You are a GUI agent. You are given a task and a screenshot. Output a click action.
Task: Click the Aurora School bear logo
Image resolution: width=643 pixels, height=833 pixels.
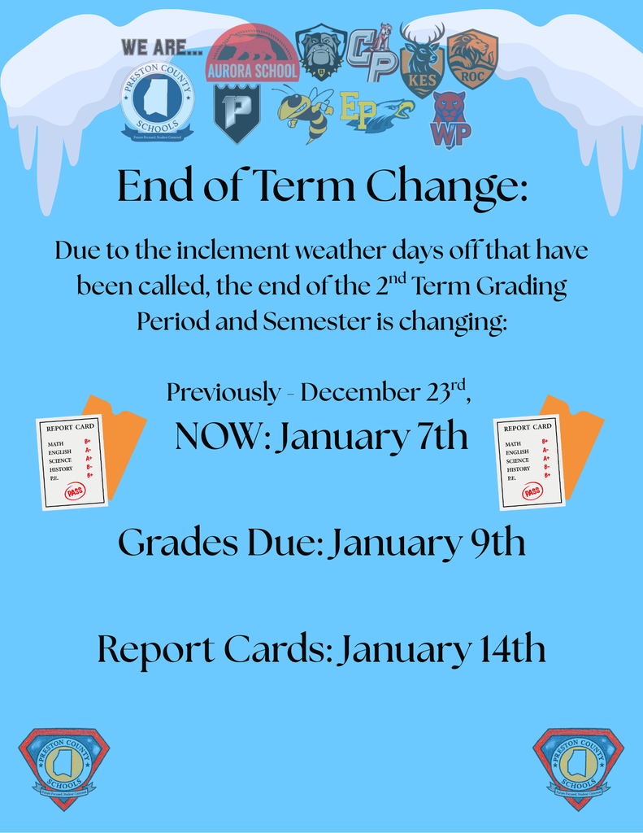252,54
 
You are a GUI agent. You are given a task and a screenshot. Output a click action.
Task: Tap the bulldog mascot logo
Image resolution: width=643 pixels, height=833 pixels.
320,51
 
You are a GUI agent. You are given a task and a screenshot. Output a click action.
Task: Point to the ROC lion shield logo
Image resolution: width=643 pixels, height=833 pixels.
471,59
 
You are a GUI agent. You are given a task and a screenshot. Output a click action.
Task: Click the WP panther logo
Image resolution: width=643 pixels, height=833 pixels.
450,120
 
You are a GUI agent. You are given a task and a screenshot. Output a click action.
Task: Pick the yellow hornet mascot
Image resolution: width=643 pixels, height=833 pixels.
304,113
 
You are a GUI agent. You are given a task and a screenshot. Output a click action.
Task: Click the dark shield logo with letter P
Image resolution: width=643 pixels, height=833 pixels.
237,112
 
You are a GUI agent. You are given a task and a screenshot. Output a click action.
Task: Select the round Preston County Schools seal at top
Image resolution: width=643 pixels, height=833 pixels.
157,101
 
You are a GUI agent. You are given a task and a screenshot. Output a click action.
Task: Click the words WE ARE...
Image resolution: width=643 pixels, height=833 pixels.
162,47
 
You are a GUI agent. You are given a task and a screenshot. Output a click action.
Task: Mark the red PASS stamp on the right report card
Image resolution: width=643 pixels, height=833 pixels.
532,491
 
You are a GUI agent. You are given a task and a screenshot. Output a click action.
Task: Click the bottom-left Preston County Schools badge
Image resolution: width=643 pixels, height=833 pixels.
63,768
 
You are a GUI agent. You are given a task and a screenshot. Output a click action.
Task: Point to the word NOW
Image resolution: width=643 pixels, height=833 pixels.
222,438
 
